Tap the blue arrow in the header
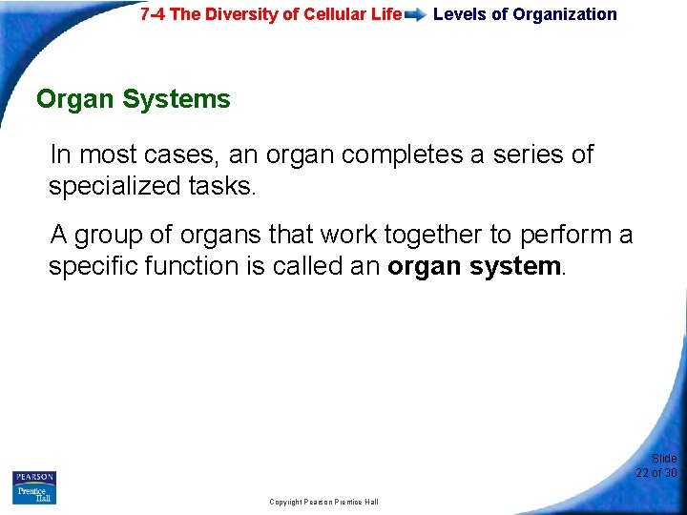coord(415,15)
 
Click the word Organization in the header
coord(565,14)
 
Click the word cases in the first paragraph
coord(184,154)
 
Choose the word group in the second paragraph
coord(107,235)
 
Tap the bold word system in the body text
coord(514,266)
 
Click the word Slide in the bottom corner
coord(664,459)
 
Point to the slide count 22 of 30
coord(656,473)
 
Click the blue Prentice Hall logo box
coord(34,494)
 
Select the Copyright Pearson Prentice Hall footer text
coord(323,502)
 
